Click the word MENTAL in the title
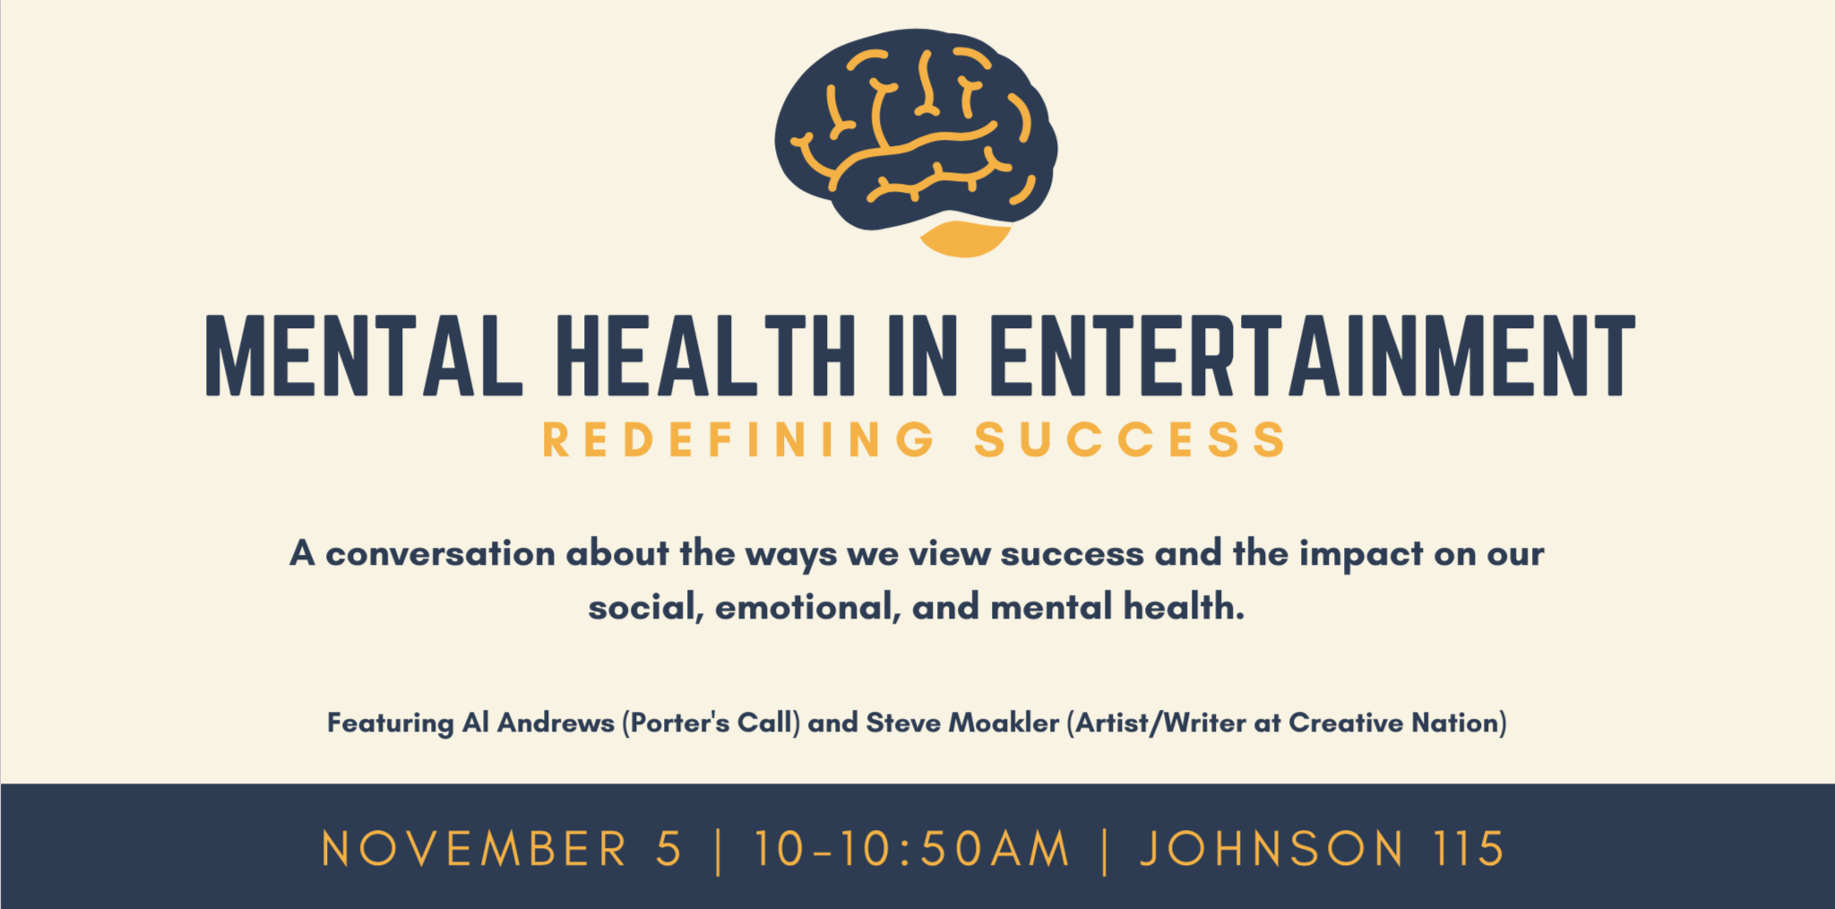click(x=364, y=356)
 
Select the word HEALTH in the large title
click(x=706, y=356)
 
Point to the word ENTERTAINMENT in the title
click(x=1313, y=356)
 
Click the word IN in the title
click(x=923, y=356)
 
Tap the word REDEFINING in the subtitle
click(x=739, y=440)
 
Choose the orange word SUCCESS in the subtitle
click(x=1131, y=440)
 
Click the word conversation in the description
click(x=440, y=554)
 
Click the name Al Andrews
click(x=538, y=723)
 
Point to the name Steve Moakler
click(x=962, y=723)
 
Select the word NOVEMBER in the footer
click(x=475, y=849)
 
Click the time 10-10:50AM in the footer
click(x=912, y=849)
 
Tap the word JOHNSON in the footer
click(x=1271, y=849)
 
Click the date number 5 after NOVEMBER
click(x=668, y=849)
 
